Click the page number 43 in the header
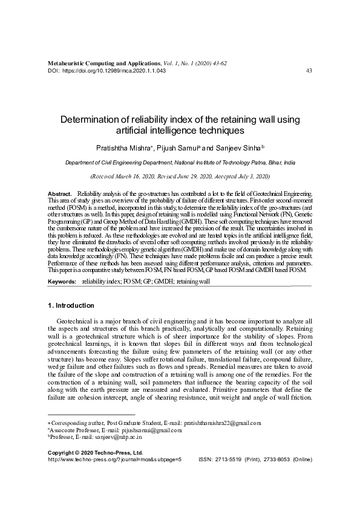(309, 71)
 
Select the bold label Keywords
(62, 282)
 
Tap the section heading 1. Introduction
(71, 305)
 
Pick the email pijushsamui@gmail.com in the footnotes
(152, 430)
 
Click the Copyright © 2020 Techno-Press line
(95, 452)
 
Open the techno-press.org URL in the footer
(114, 459)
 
